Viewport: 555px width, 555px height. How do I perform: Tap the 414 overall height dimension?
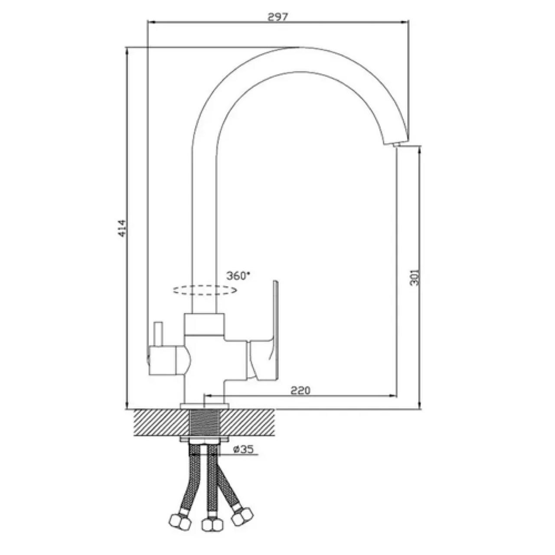(x=122, y=229)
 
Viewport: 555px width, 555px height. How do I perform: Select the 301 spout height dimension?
(x=414, y=277)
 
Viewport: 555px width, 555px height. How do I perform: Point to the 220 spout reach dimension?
(x=300, y=390)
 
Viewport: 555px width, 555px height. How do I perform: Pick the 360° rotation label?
(x=238, y=276)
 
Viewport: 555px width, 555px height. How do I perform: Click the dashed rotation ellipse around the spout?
(x=205, y=290)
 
